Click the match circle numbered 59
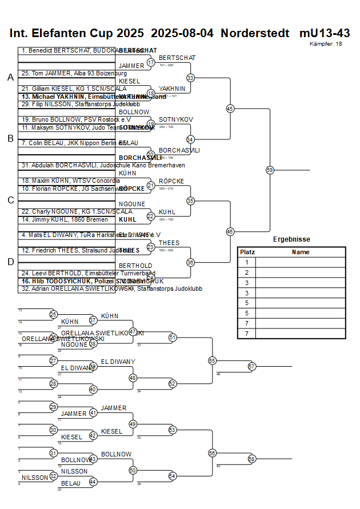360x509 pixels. pyautogui.click(x=270, y=170)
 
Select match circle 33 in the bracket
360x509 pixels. pyautogui.click(x=190, y=78)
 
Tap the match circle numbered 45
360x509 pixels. pyautogui.click(x=230, y=109)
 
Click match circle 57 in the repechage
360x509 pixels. pyautogui.click(x=251, y=366)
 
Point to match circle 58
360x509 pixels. pyautogui.click(x=251, y=459)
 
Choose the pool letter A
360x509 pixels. pyautogui.click(x=10, y=77)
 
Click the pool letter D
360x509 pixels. pyautogui.click(x=10, y=262)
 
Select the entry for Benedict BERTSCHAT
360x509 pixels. pyautogui.click(x=69, y=50)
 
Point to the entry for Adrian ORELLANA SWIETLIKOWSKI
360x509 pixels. pyautogui.click(x=111, y=288)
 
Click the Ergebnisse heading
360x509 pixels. pyautogui.click(x=291, y=239)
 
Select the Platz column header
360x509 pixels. pyautogui.click(x=247, y=252)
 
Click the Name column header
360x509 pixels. pyautogui.click(x=300, y=252)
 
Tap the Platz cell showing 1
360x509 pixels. pyautogui.click(x=247, y=262)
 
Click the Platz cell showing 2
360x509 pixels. pyautogui.click(x=247, y=272)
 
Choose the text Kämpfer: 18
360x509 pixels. pyautogui.click(x=326, y=43)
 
